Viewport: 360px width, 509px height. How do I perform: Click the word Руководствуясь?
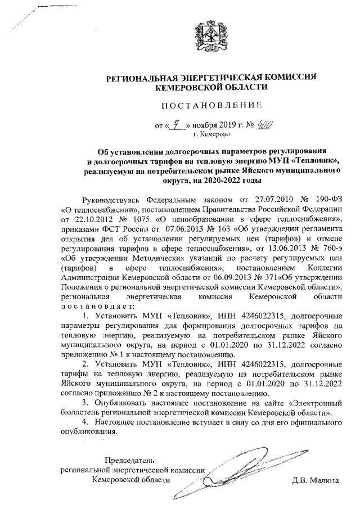click(110, 200)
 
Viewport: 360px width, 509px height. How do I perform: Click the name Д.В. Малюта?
click(315, 481)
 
